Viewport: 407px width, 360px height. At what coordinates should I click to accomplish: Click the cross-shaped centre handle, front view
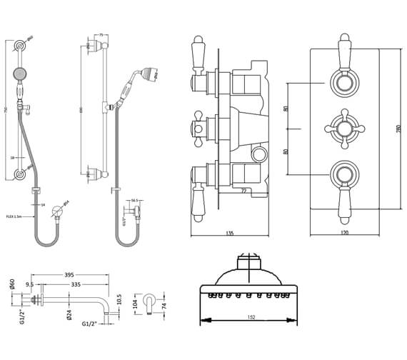(x=345, y=129)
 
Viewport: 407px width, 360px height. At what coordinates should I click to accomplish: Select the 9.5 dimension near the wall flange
(x=31, y=284)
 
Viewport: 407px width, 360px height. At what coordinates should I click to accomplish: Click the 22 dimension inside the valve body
(x=243, y=190)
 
